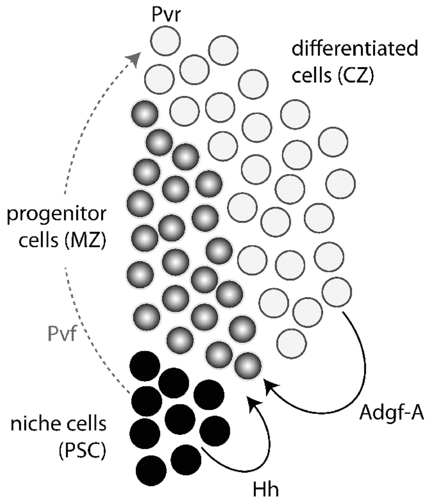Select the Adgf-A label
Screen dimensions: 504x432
pos(391,415)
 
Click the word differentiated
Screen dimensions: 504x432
pos(354,50)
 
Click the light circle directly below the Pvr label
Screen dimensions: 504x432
pos(165,40)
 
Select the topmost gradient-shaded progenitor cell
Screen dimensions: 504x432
pos(145,114)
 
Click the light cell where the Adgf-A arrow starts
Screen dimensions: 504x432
pos(337,292)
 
